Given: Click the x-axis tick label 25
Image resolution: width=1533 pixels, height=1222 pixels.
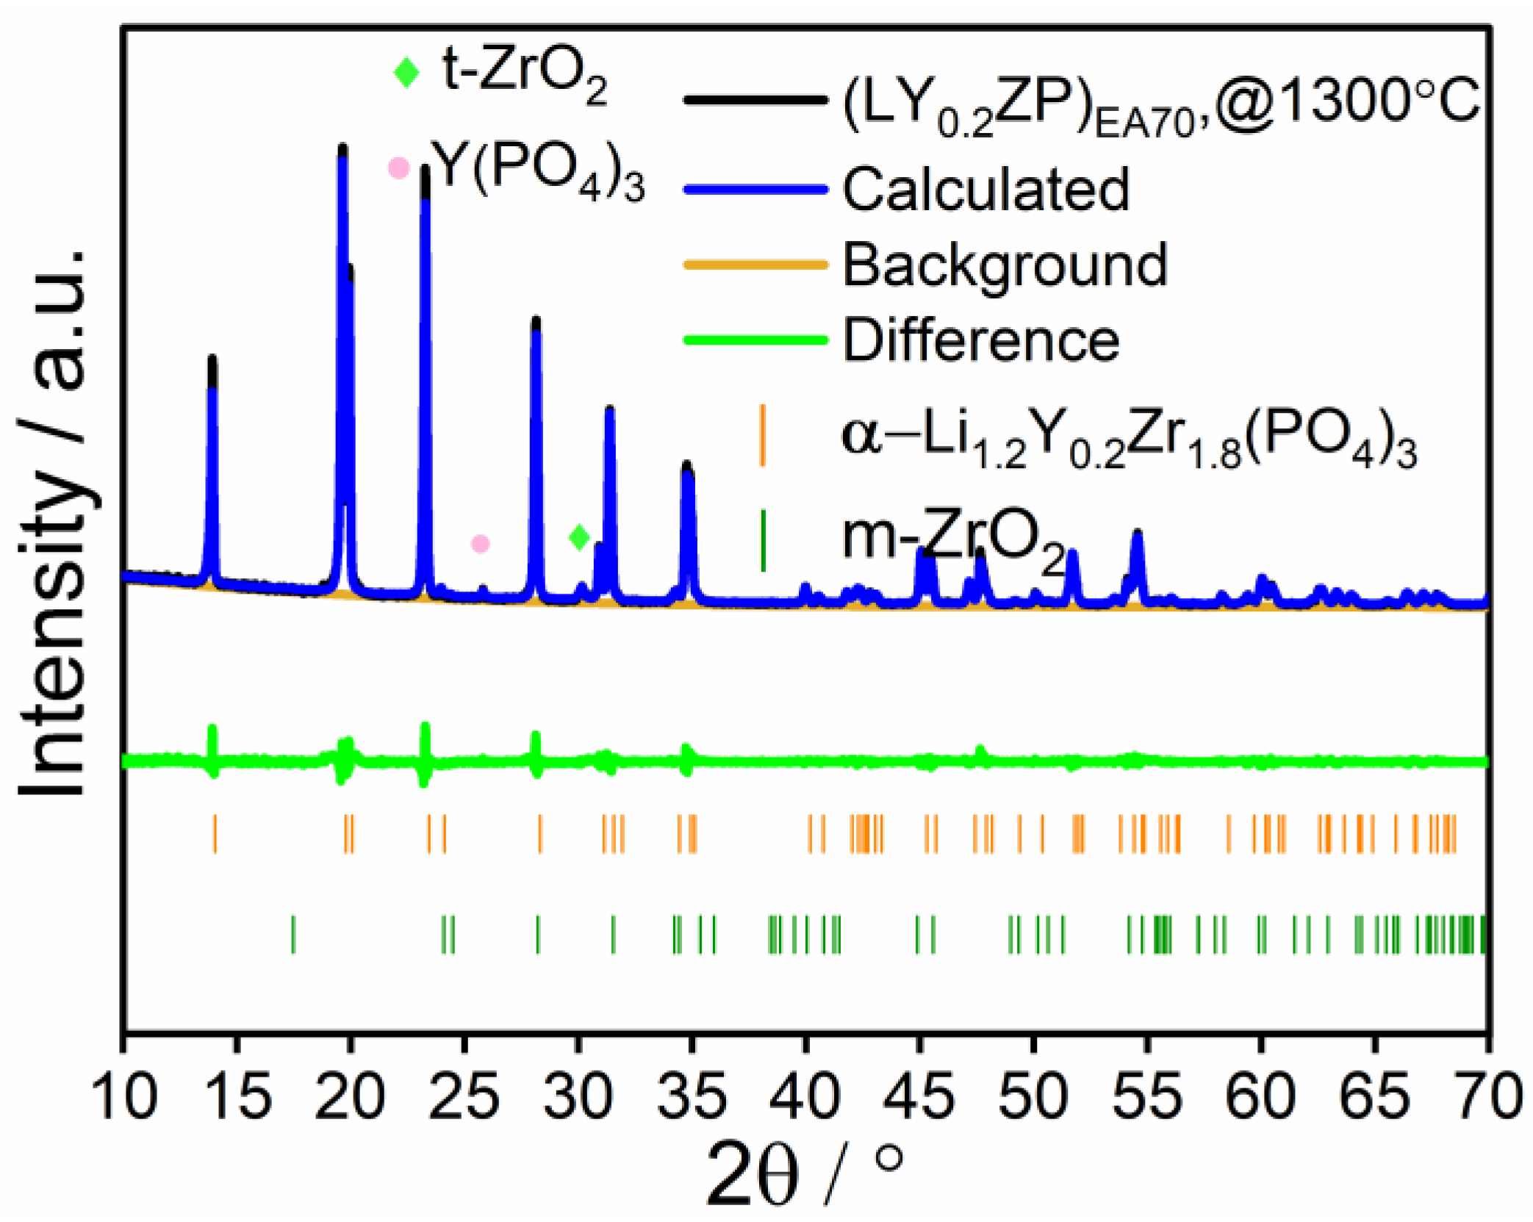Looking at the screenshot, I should coord(464,1096).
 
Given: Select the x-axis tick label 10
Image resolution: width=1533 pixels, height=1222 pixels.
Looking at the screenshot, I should coord(124,1096).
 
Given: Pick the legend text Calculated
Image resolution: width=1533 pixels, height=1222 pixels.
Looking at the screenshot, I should coord(985,189).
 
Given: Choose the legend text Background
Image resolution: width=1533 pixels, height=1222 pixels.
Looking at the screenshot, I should coord(1004,264).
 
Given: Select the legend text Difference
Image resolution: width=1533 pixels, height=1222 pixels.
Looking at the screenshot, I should coord(980,339).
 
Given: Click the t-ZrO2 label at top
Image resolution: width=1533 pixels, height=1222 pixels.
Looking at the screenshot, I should coord(524,71).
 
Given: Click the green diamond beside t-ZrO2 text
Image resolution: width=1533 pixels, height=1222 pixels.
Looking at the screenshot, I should coord(406,71).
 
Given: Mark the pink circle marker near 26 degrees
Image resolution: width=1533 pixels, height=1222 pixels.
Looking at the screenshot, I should coord(480,544).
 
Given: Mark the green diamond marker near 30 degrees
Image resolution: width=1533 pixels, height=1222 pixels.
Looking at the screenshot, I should coord(579,537).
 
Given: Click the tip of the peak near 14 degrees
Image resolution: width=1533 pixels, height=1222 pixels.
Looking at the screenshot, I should coord(212,358).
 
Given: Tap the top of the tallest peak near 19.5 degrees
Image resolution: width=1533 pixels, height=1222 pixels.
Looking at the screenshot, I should coord(342,147).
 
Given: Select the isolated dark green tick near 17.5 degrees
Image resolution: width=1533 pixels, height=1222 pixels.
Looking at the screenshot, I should coord(293,934).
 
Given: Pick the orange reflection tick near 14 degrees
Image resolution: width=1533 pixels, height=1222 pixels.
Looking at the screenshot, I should coord(215,833).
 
